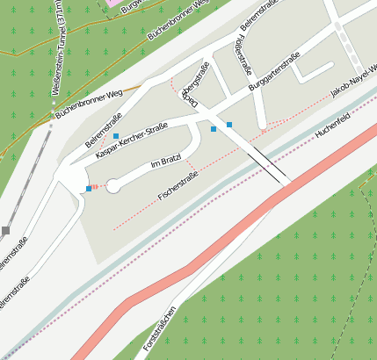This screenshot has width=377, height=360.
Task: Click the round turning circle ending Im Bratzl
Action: (113, 185)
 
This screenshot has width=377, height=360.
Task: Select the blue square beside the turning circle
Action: (88, 189)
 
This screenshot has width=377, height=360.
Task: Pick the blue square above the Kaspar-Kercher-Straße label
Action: (116, 136)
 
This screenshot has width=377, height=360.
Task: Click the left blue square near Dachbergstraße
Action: (213, 129)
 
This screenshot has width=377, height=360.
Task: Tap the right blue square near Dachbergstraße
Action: (229, 125)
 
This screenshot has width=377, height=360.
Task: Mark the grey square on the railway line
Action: (5, 231)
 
